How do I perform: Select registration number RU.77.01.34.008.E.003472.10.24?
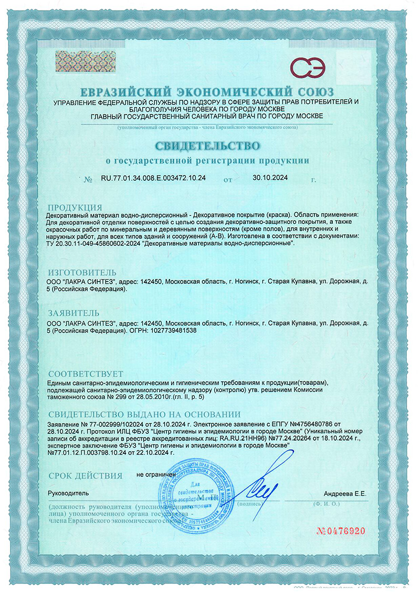pos(153,179)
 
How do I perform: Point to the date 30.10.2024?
pos(270,178)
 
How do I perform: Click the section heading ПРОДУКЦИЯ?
pos(75,207)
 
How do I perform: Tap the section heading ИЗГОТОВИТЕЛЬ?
pos(81,273)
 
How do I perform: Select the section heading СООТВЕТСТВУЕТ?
pos(86,373)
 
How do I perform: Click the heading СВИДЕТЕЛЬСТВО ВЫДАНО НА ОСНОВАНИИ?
pos(144,414)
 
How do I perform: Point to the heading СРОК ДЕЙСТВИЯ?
pos(85,475)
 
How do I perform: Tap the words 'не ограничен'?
pos(156,474)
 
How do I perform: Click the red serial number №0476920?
pos(341,530)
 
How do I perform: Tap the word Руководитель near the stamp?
pos(69,494)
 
